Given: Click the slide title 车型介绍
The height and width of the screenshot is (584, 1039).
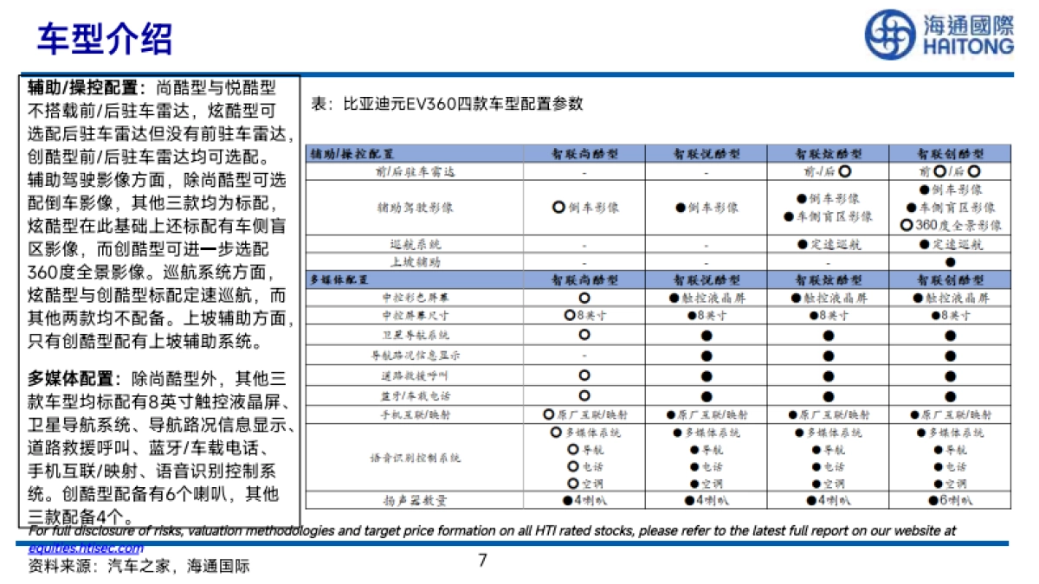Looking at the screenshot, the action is click(105, 38).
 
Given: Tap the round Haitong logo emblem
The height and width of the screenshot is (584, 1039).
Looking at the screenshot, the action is click(890, 35).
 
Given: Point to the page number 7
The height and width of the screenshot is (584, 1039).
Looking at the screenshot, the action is click(482, 561).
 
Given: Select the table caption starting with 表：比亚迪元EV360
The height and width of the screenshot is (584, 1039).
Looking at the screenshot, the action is click(447, 104).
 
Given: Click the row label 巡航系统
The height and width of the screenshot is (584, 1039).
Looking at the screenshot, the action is click(415, 245).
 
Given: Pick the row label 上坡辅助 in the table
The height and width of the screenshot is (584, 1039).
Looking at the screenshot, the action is click(415, 261).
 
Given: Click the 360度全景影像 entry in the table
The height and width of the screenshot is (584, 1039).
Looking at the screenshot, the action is click(951, 225).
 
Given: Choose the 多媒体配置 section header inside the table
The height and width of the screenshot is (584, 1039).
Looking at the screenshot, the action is click(339, 280).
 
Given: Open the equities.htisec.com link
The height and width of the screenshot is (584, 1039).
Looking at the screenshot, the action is click(86, 549).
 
